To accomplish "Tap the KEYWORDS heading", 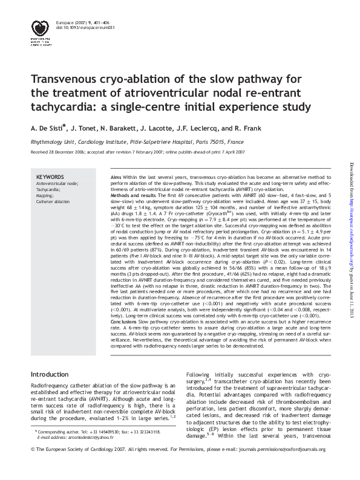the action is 50,177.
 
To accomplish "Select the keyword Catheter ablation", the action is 53,202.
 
